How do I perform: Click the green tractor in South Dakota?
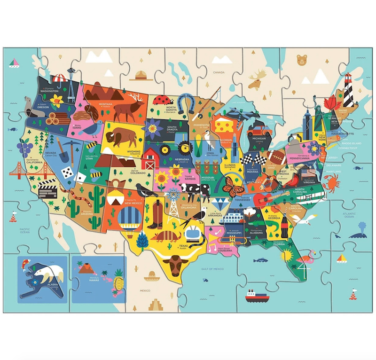(170, 148)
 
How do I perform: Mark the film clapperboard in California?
(47, 190)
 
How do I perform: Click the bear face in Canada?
(301, 60)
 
